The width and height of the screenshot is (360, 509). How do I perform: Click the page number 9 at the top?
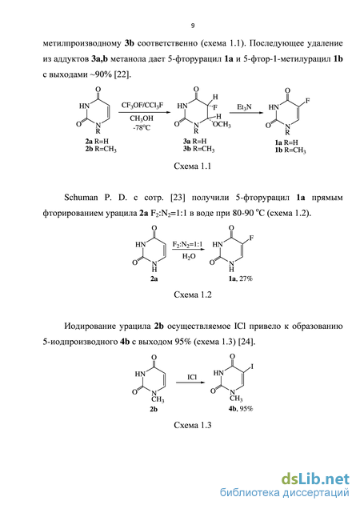(x=193, y=26)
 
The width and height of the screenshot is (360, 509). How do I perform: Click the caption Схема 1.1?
(x=193, y=166)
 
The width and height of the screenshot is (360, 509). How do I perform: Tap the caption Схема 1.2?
(x=193, y=295)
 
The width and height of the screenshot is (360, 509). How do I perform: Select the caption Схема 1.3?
(x=193, y=425)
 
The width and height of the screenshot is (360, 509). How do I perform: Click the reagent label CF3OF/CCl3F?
(x=142, y=105)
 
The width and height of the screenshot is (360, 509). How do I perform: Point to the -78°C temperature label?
(x=142, y=127)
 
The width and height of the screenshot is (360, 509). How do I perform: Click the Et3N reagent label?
(x=244, y=107)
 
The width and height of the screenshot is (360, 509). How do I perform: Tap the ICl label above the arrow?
(x=192, y=377)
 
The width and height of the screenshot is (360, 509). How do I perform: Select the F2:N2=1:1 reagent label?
(x=188, y=244)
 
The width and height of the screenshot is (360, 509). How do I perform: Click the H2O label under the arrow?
(x=189, y=256)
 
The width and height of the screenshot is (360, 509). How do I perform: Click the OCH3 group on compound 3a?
(x=222, y=124)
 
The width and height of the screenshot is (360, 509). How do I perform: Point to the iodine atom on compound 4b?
(x=252, y=367)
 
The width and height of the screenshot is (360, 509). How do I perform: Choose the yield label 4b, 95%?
(x=240, y=409)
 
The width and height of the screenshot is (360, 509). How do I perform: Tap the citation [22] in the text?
(x=122, y=74)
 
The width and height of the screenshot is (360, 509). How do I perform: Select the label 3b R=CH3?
(x=198, y=150)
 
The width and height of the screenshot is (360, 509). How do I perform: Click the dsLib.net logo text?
(x=315, y=479)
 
